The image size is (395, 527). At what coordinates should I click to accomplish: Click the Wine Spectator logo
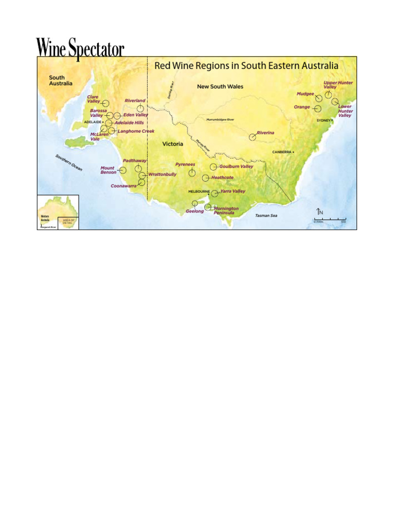click(x=80, y=48)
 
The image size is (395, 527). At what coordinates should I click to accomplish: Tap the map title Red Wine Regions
click(x=246, y=66)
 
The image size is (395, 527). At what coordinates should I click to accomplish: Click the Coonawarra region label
click(x=123, y=186)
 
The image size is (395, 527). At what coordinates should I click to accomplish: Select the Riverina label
click(x=265, y=133)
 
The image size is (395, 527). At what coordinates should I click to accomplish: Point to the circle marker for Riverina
click(x=253, y=137)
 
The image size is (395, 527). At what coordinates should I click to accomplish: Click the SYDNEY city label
click(x=324, y=120)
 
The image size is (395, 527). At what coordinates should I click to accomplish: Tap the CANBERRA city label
click(x=282, y=152)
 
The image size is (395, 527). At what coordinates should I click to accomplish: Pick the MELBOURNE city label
click(x=199, y=191)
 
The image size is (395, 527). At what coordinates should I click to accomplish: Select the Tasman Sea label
click(x=266, y=215)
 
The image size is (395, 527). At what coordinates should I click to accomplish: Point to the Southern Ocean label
click(x=69, y=163)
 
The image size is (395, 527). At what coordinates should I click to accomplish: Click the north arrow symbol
click(x=319, y=212)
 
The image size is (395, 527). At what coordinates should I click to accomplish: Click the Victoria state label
click(x=173, y=144)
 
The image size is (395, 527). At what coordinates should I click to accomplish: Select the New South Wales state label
click(x=220, y=86)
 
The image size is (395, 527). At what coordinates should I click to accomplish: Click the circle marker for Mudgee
click(x=319, y=98)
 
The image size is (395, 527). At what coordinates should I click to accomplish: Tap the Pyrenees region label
click(x=185, y=165)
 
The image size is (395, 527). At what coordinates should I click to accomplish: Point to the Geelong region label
click(x=194, y=211)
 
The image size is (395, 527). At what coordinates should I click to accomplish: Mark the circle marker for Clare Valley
click(x=105, y=103)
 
